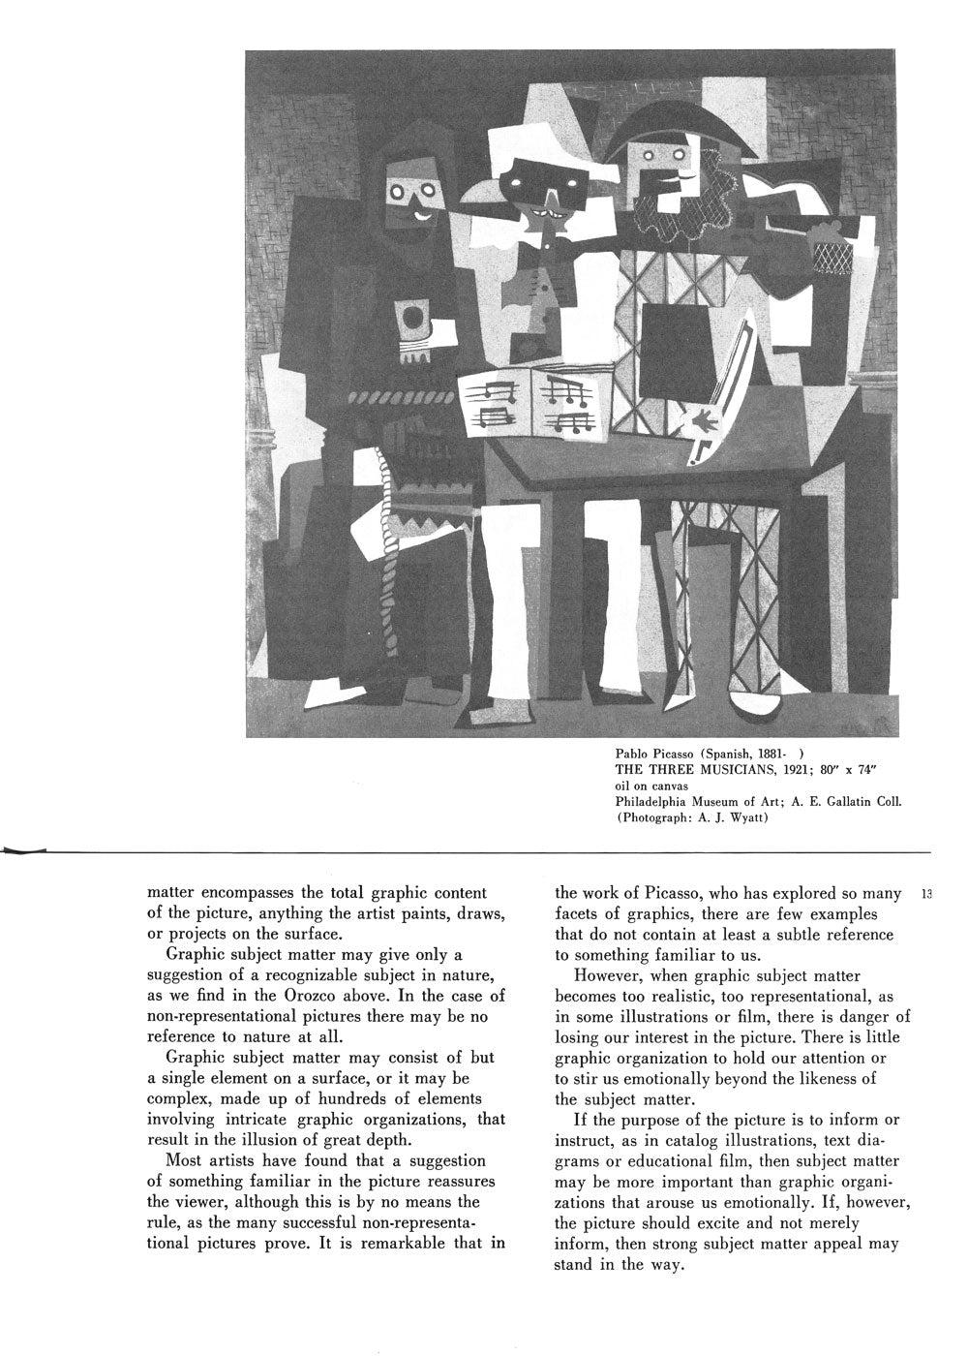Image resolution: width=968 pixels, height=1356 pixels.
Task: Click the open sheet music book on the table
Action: click(534, 402)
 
